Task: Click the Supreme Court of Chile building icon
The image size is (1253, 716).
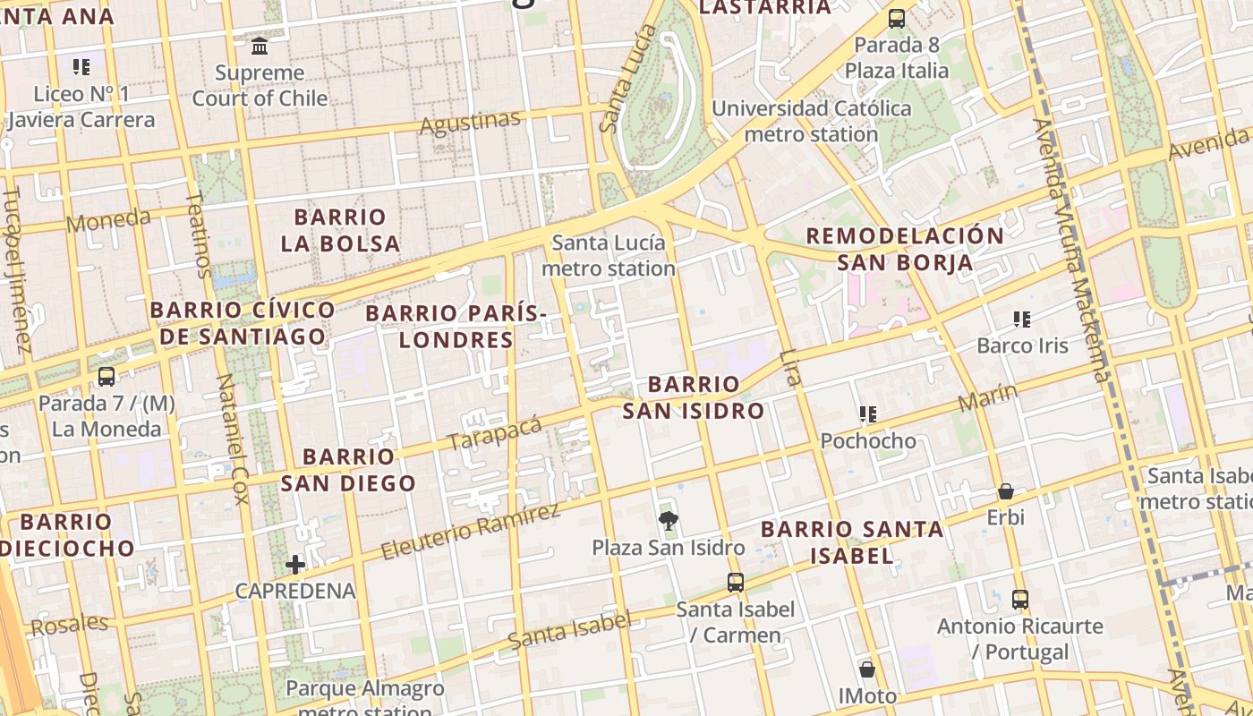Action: click(260, 46)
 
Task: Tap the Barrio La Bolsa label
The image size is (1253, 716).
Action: click(340, 230)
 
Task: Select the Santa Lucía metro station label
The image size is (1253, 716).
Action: click(609, 255)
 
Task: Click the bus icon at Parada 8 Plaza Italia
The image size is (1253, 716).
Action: click(896, 18)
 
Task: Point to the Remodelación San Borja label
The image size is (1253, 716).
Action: click(905, 249)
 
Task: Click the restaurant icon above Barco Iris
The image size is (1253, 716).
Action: click(1022, 320)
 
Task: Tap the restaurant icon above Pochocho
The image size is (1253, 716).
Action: click(867, 414)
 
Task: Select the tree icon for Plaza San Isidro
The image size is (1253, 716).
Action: click(668, 521)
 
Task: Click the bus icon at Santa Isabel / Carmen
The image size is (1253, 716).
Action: click(735, 583)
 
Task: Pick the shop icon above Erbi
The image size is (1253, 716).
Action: click(1005, 491)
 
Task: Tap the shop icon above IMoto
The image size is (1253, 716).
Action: click(866, 669)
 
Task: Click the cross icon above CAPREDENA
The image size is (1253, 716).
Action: click(294, 564)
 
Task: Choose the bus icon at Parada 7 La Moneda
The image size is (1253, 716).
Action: click(106, 377)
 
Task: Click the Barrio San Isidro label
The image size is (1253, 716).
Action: click(694, 397)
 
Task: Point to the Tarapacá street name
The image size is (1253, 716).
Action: click(494, 433)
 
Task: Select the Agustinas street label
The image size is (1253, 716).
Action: click(470, 122)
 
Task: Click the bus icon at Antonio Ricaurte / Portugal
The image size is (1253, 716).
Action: click(1019, 600)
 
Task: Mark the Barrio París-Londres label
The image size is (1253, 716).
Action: click(456, 327)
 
